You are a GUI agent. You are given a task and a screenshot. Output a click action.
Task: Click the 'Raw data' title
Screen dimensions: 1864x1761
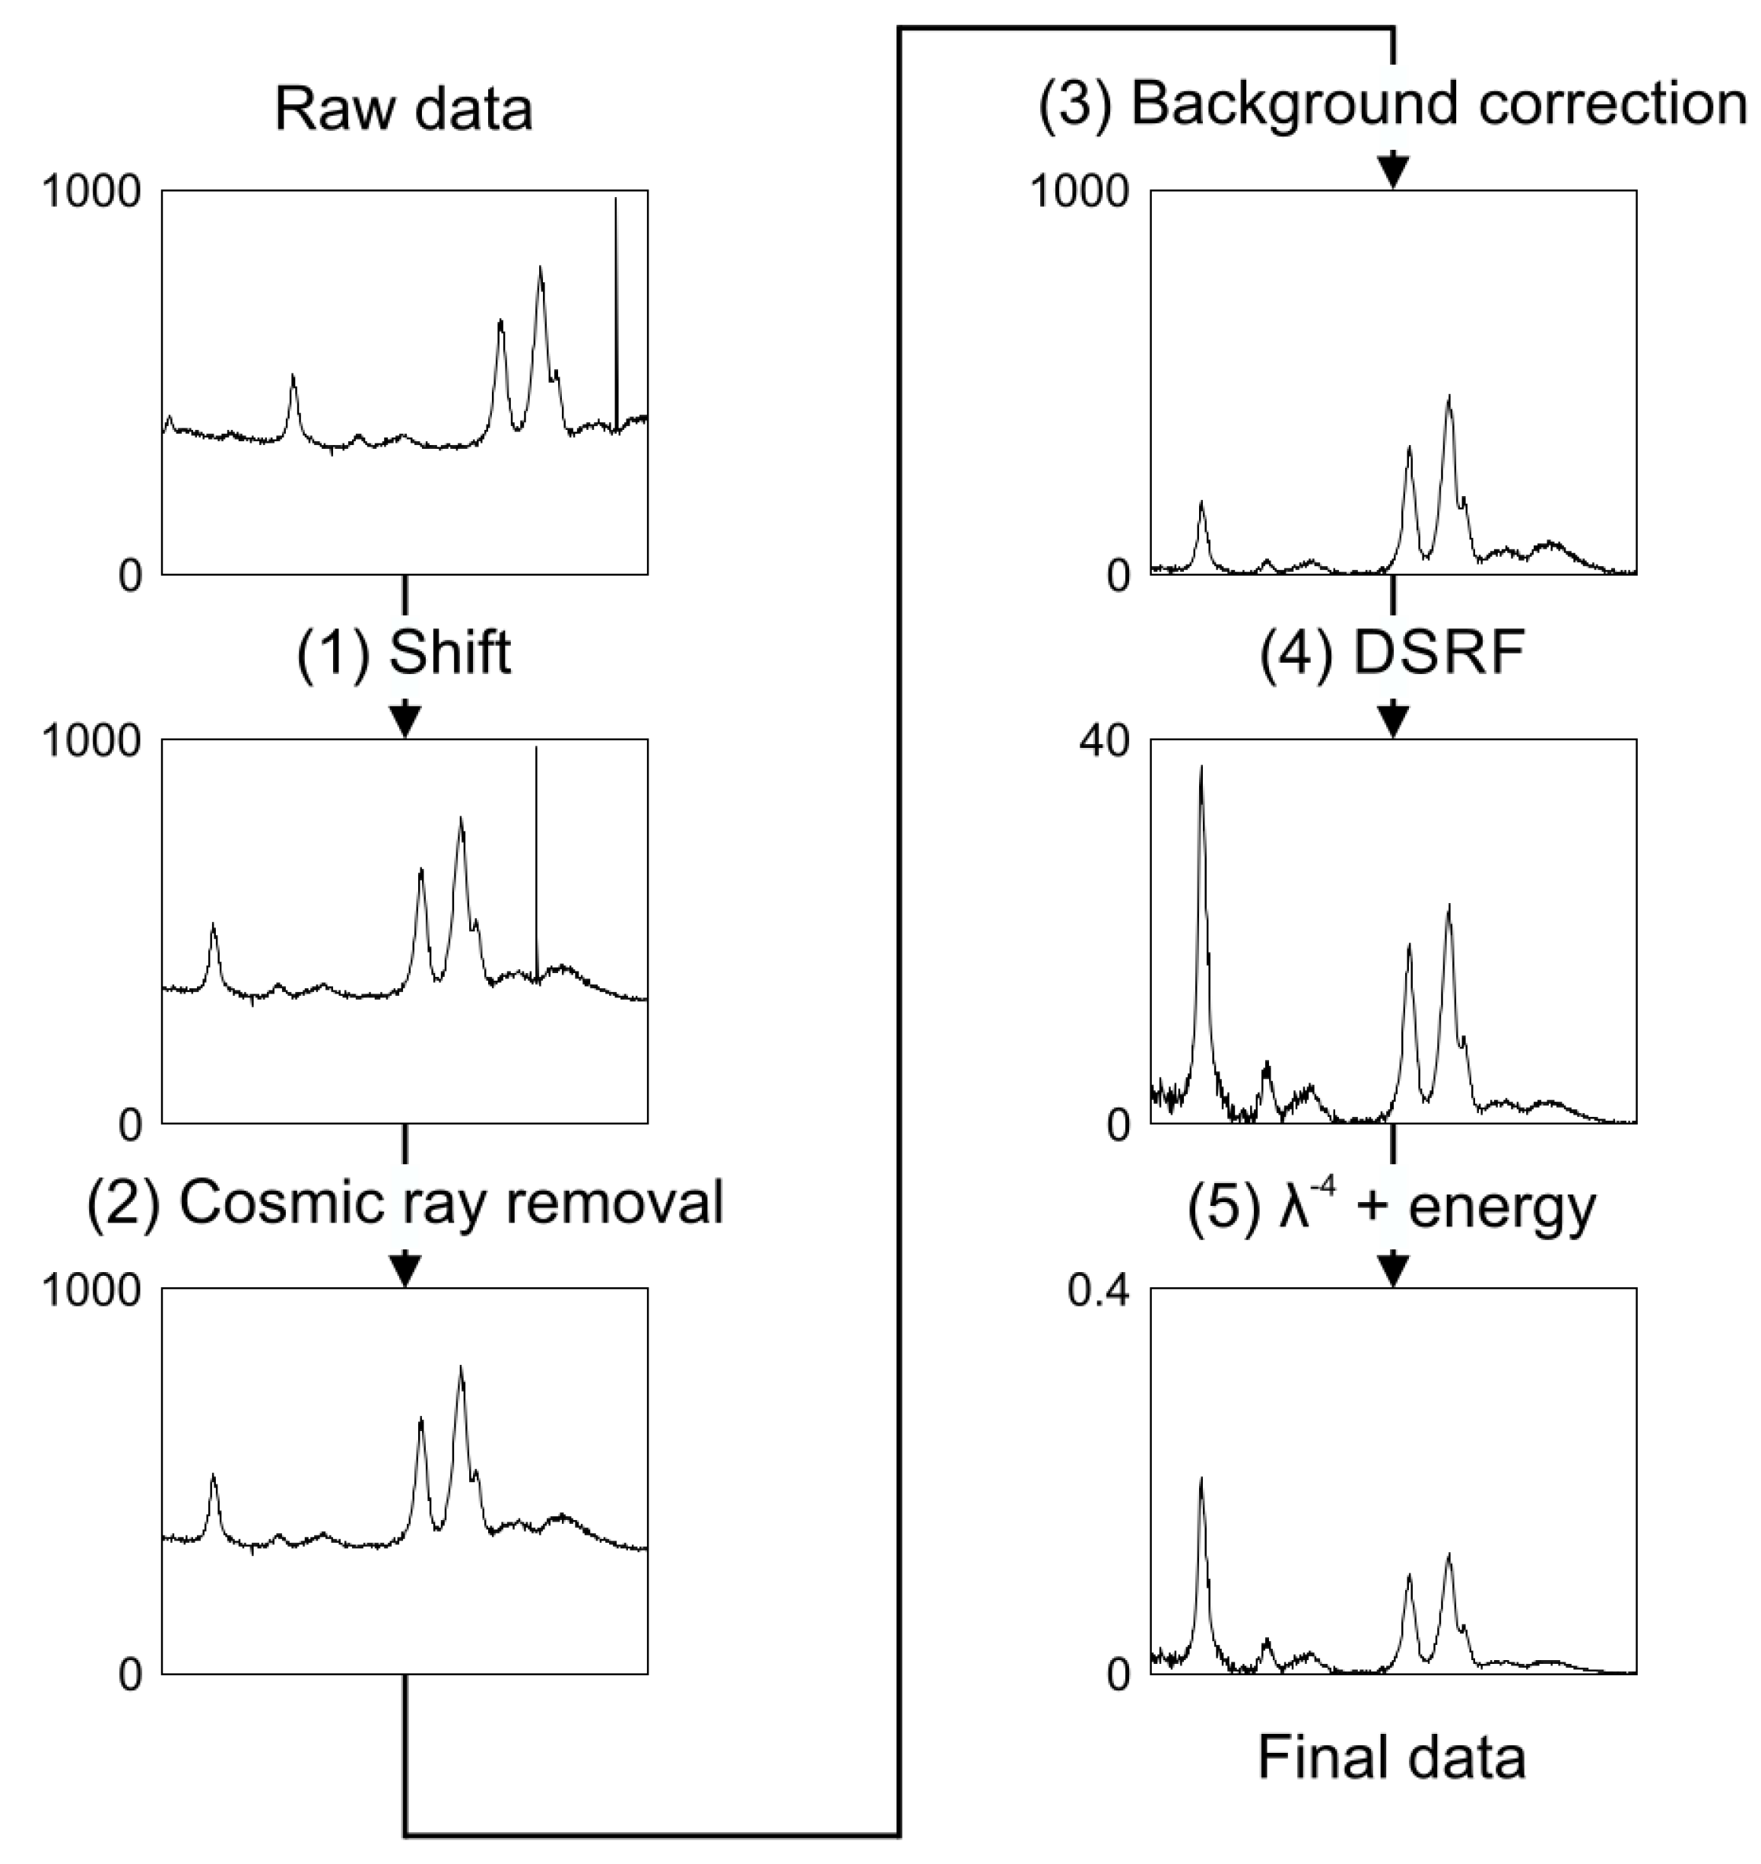click(404, 109)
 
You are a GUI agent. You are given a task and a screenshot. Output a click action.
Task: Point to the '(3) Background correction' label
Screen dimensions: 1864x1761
click(1392, 103)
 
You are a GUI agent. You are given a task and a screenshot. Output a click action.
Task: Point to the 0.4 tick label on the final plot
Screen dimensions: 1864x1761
click(1097, 1291)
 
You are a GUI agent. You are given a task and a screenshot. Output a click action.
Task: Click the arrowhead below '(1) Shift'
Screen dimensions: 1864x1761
click(405, 721)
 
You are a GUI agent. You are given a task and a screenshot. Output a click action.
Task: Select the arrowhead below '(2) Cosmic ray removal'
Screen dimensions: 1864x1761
click(405, 1271)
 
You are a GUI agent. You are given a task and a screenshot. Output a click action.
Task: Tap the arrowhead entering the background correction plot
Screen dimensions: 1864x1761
click(1393, 172)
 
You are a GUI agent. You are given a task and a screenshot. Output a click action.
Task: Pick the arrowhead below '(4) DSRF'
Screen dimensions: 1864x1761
click(1393, 721)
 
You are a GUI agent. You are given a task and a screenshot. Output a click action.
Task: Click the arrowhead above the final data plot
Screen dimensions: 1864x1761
click(1393, 1271)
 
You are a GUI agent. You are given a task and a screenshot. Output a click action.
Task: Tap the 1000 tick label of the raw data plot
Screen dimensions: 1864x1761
click(91, 192)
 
